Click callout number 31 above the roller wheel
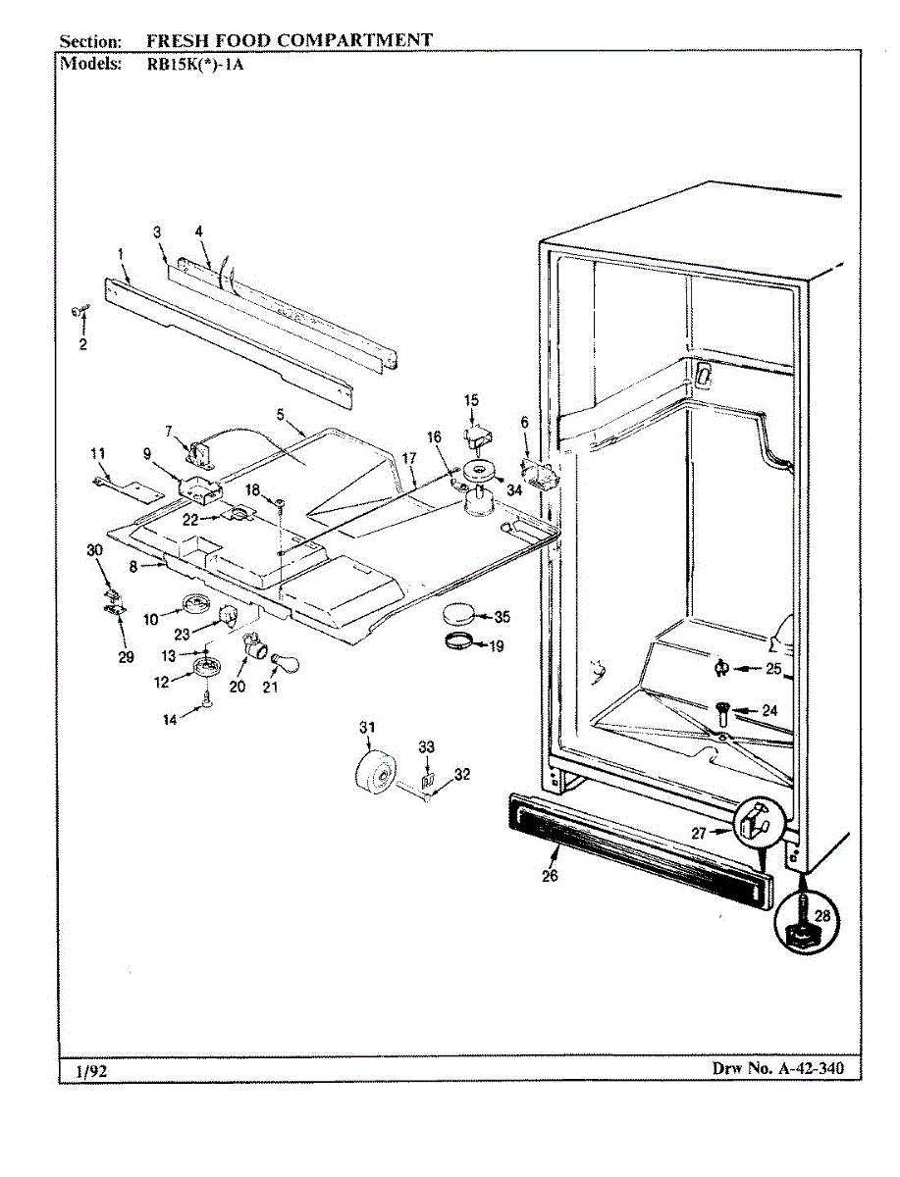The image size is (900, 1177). click(x=366, y=727)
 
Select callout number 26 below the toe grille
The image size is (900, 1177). click(x=550, y=876)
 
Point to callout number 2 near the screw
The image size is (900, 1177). click(x=82, y=344)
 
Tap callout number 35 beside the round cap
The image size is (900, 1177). click(x=502, y=617)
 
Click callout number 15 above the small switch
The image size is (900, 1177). click(x=471, y=400)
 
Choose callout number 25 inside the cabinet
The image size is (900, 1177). click(x=773, y=669)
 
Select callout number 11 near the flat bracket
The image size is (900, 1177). click(x=97, y=452)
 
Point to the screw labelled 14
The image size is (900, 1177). click(x=207, y=698)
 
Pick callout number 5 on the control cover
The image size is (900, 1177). click(x=280, y=415)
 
